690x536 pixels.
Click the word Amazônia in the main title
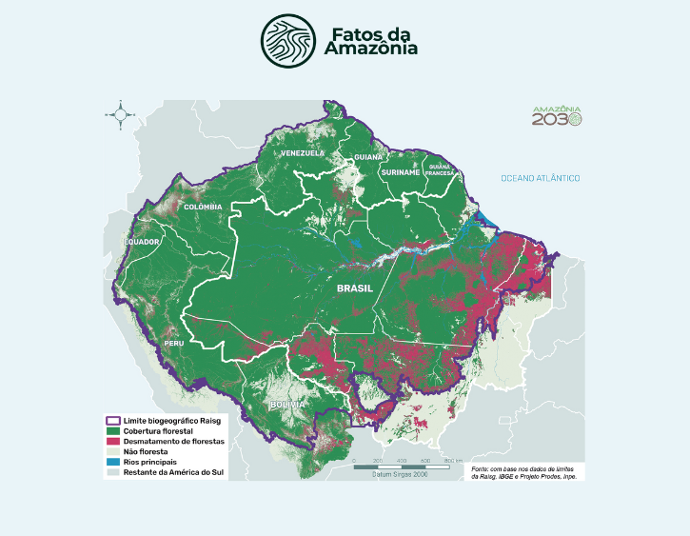coord(374,50)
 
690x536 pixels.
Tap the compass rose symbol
coord(121,114)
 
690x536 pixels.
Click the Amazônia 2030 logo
coord(557,116)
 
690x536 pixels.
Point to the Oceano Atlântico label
coord(541,179)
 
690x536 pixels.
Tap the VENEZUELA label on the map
coord(302,152)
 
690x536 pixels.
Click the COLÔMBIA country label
coord(203,207)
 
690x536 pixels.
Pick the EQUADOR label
coord(141,242)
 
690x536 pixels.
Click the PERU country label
coord(174,343)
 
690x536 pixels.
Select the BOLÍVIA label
coord(286,405)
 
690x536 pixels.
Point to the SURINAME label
coord(400,172)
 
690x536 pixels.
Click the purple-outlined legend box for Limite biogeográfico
coord(111,419)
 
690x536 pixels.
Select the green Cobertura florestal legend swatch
coord(111,431)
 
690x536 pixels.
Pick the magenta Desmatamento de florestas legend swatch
coord(111,442)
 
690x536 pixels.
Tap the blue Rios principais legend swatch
coord(111,462)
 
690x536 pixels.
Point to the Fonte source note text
coord(524,471)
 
